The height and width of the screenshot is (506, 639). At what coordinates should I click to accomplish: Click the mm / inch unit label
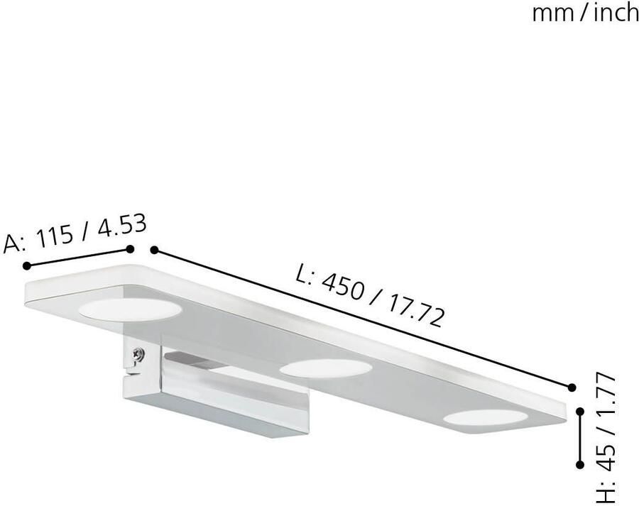coord(585,13)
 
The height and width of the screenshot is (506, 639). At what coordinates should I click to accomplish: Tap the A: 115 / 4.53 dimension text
coord(75,233)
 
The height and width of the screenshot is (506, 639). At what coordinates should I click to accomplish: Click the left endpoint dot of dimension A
coord(27,265)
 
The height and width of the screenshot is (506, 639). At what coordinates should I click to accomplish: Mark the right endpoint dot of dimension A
coord(130,248)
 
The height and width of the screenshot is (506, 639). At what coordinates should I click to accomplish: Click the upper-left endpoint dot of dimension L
coord(154,250)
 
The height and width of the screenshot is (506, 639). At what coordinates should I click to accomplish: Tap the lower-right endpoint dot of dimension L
coord(572,387)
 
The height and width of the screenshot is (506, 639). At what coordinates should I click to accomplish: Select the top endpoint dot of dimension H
coord(580,411)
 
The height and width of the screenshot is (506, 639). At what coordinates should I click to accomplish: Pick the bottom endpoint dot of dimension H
coord(580,464)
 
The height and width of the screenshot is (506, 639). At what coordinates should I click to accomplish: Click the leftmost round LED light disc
coord(129,309)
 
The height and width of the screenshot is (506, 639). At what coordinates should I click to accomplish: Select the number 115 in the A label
coord(58,237)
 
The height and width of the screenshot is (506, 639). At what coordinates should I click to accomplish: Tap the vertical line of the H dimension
coord(580,437)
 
